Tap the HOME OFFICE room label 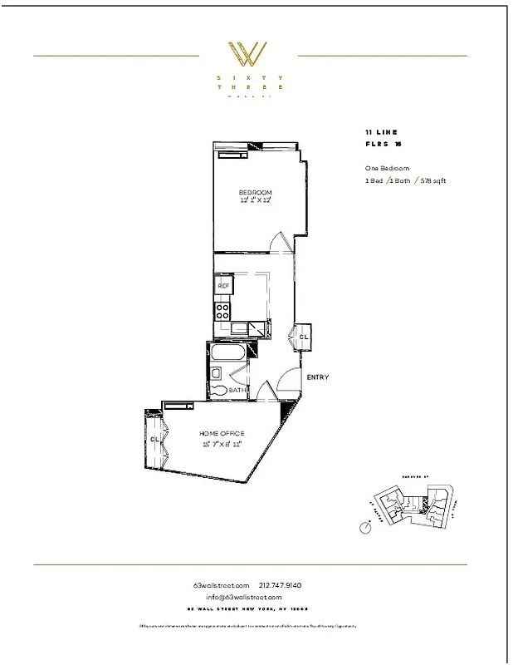pos(221,434)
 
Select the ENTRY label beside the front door pos(318,377)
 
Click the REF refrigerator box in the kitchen pos(223,286)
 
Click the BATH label pos(237,390)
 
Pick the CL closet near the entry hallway pos(304,337)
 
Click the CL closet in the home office pos(154,439)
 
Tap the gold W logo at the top pos(247,56)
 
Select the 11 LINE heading pos(381,132)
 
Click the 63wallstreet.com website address pos(221,585)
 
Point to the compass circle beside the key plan pos(364,527)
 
